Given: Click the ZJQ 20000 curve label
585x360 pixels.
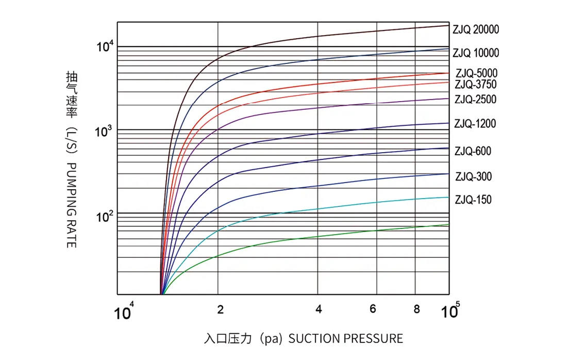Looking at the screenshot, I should click(476, 30).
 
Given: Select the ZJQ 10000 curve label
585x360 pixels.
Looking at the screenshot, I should click(476, 53).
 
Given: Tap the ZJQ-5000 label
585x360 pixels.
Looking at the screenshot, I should click(476, 73).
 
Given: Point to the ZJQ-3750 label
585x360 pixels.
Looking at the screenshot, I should click(476, 84).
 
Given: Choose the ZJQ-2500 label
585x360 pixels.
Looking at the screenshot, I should click(475, 100).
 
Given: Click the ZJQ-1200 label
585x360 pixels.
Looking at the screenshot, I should click(475, 124).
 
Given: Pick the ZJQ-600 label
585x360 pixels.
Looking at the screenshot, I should click(473, 152).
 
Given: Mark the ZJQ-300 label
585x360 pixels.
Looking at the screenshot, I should click(473, 177).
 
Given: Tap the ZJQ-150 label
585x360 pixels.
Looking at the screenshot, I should click(473, 200).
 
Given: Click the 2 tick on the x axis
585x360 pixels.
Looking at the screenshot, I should click(220, 309).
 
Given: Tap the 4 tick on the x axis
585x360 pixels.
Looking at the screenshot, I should click(319, 309).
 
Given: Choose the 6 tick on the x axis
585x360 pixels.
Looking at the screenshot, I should click(373, 309).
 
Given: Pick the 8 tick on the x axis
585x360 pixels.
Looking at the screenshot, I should click(416, 309).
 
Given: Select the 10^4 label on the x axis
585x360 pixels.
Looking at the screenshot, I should click(124, 312).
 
